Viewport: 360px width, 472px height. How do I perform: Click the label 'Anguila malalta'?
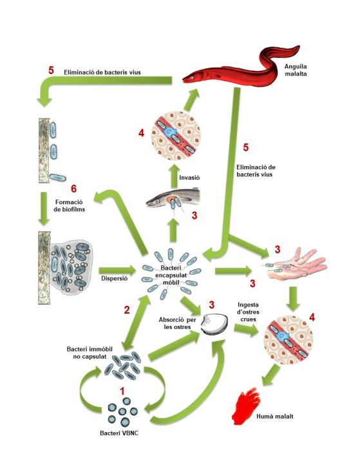[x=296, y=70]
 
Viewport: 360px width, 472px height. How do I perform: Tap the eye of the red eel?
[x=192, y=78]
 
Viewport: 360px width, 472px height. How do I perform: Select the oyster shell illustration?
[x=214, y=325]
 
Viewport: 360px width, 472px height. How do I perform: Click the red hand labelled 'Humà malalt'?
[x=246, y=406]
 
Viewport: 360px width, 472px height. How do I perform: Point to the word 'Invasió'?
[x=189, y=177]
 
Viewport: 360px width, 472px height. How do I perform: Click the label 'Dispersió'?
[x=115, y=278]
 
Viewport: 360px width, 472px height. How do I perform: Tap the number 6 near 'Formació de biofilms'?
[x=74, y=189]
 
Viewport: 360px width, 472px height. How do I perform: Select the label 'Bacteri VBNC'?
[x=119, y=433]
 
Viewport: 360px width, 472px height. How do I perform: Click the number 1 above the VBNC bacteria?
[x=122, y=392]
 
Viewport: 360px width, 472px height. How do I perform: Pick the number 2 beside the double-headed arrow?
[x=127, y=310]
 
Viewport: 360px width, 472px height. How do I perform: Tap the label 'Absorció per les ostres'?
[x=177, y=323]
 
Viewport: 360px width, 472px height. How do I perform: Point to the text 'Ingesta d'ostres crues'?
[x=248, y=312]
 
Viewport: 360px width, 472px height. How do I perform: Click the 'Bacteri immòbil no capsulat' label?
[x=90, y=353]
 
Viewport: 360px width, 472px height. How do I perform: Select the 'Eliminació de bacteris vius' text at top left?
[x=102, y=72]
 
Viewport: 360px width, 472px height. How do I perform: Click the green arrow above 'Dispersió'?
[x=117, y=269]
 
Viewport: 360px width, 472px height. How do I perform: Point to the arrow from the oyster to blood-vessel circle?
[x=246, y=330]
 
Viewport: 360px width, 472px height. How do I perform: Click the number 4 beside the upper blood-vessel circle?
[x=141, y=133]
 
